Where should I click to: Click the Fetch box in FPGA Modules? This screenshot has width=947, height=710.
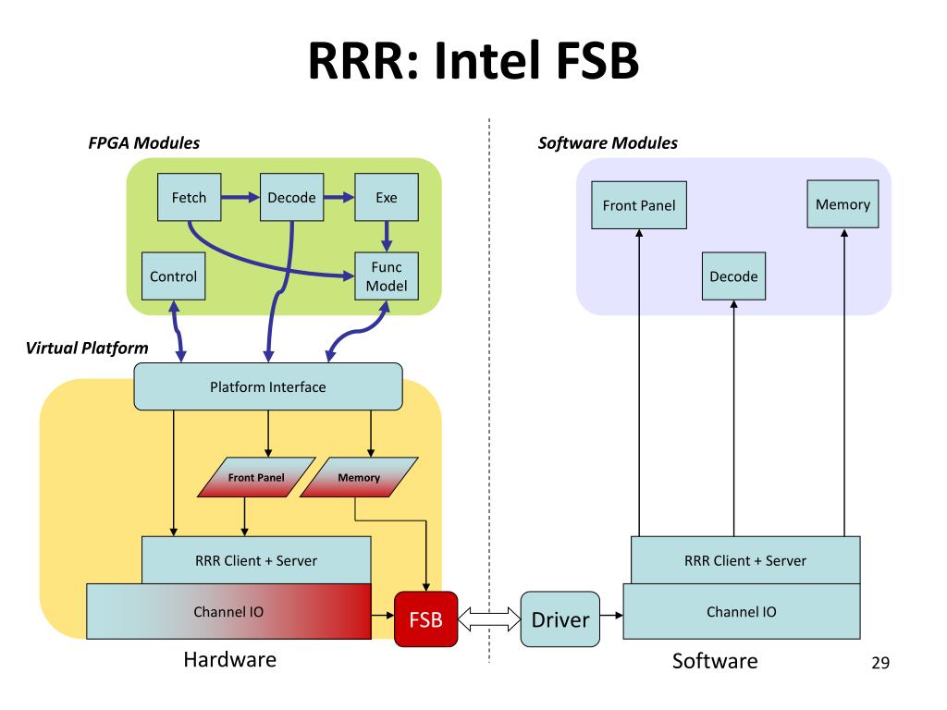189,198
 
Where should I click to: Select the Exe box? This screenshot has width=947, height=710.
387,198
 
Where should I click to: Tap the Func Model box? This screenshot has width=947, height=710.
387,275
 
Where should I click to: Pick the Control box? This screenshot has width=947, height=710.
173,275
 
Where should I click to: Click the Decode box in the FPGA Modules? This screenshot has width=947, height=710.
291,198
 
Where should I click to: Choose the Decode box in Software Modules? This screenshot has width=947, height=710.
733,275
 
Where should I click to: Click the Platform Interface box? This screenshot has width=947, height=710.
268,386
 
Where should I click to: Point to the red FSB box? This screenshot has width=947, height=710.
425,619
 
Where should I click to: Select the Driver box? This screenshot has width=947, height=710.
560,619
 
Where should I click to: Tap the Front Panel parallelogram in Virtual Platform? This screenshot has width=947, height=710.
257,477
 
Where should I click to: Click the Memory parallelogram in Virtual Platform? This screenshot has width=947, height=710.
360,477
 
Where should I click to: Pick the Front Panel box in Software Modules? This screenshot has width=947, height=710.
639,205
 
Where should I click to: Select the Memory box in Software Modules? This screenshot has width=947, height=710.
843,204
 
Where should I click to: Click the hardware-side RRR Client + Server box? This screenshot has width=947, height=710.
257,560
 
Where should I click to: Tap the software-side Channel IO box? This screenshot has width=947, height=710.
742,612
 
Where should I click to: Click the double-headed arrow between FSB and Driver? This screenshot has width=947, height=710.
489,618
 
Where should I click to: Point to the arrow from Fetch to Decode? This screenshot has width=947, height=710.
240,198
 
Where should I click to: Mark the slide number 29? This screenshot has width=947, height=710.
880,663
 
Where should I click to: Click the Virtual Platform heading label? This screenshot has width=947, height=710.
87,349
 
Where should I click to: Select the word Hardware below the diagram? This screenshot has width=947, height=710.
230,659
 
